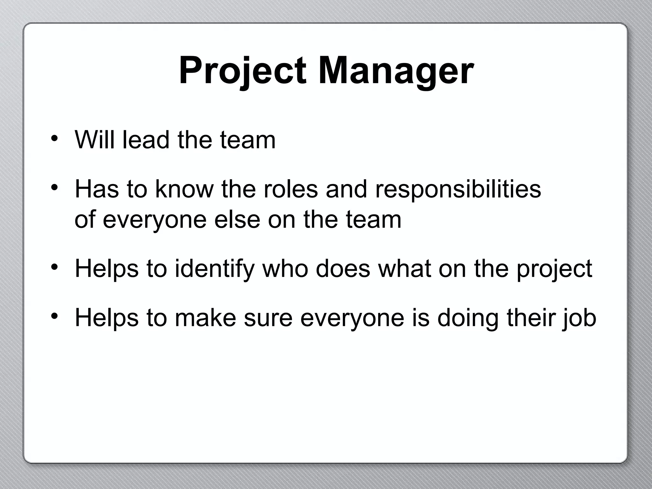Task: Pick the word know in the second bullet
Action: tap(184, 189)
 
